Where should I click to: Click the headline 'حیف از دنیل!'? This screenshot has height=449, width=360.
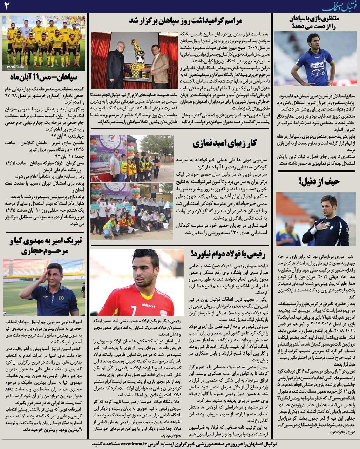[319, 181]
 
